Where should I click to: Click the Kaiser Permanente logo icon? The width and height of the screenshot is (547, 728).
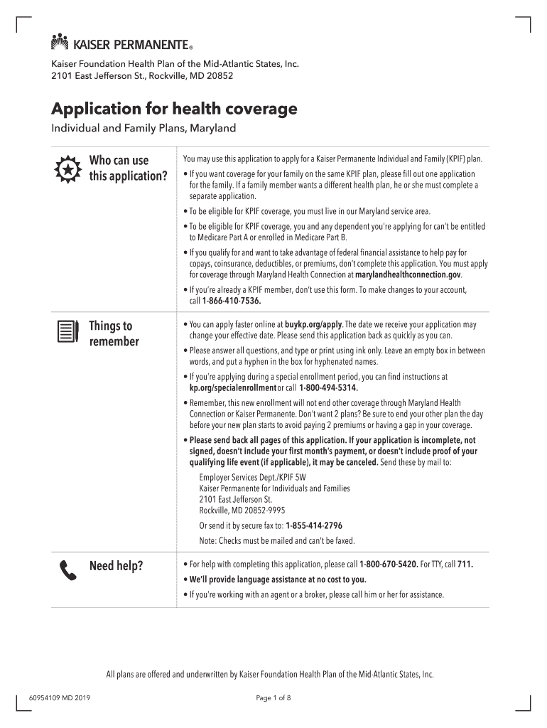click(60, 42)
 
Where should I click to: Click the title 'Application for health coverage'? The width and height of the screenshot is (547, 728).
click(174, 109)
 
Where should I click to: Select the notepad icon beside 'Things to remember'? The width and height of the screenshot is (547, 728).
click(66, 331)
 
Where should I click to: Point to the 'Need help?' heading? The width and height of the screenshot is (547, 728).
click(116, 566)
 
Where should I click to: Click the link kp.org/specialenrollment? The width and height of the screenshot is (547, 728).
click(232, 388)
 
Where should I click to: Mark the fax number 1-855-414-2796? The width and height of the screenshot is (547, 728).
click(314, 526)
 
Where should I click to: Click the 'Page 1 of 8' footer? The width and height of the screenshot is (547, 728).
click(273, 697)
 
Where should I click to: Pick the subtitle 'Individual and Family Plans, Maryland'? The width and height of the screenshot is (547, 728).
click(143, 129)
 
